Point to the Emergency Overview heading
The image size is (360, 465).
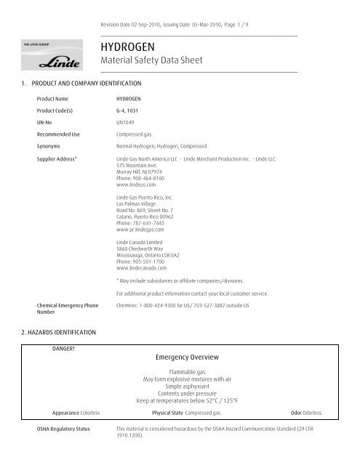point(188,359)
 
